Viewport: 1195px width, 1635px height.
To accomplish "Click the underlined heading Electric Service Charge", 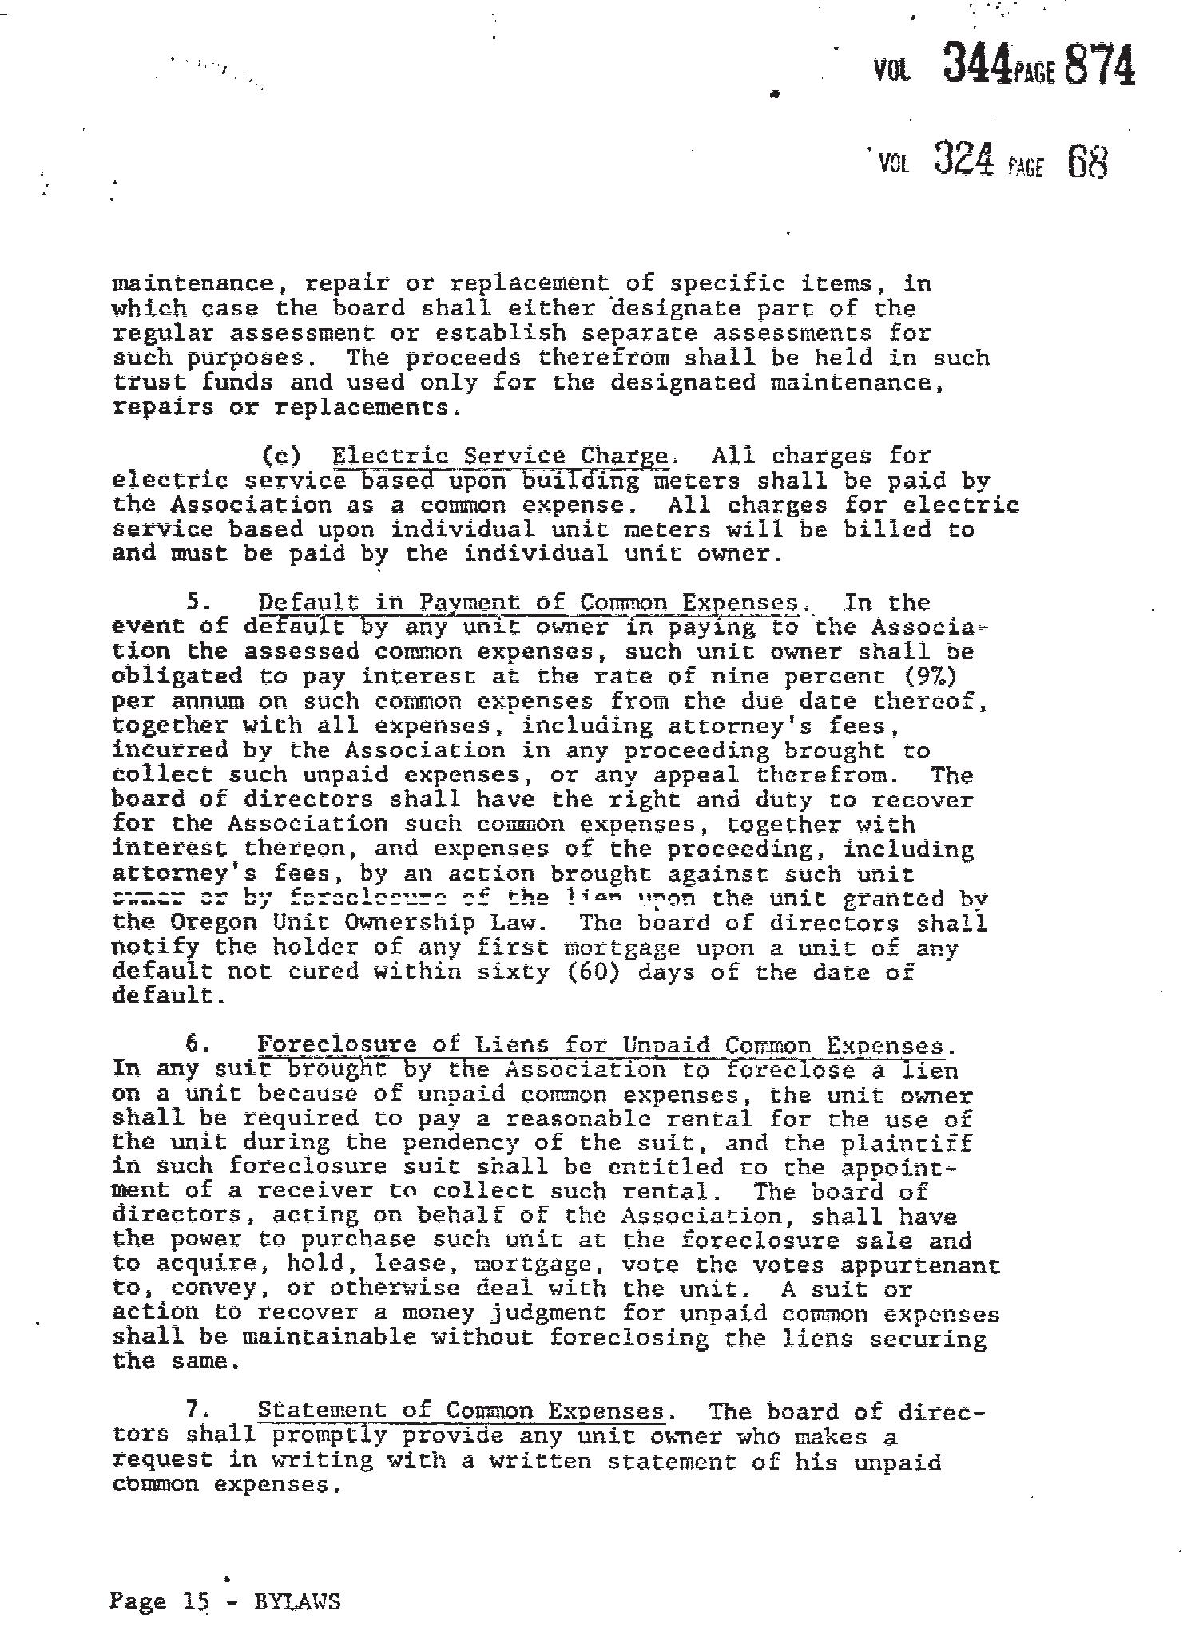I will point(500,456).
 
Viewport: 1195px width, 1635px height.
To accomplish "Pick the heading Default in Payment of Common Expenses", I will point(528,603).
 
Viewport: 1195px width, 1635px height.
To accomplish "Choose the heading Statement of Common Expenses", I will point(461,1411).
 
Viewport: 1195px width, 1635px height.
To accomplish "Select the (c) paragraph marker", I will point(281,456).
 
